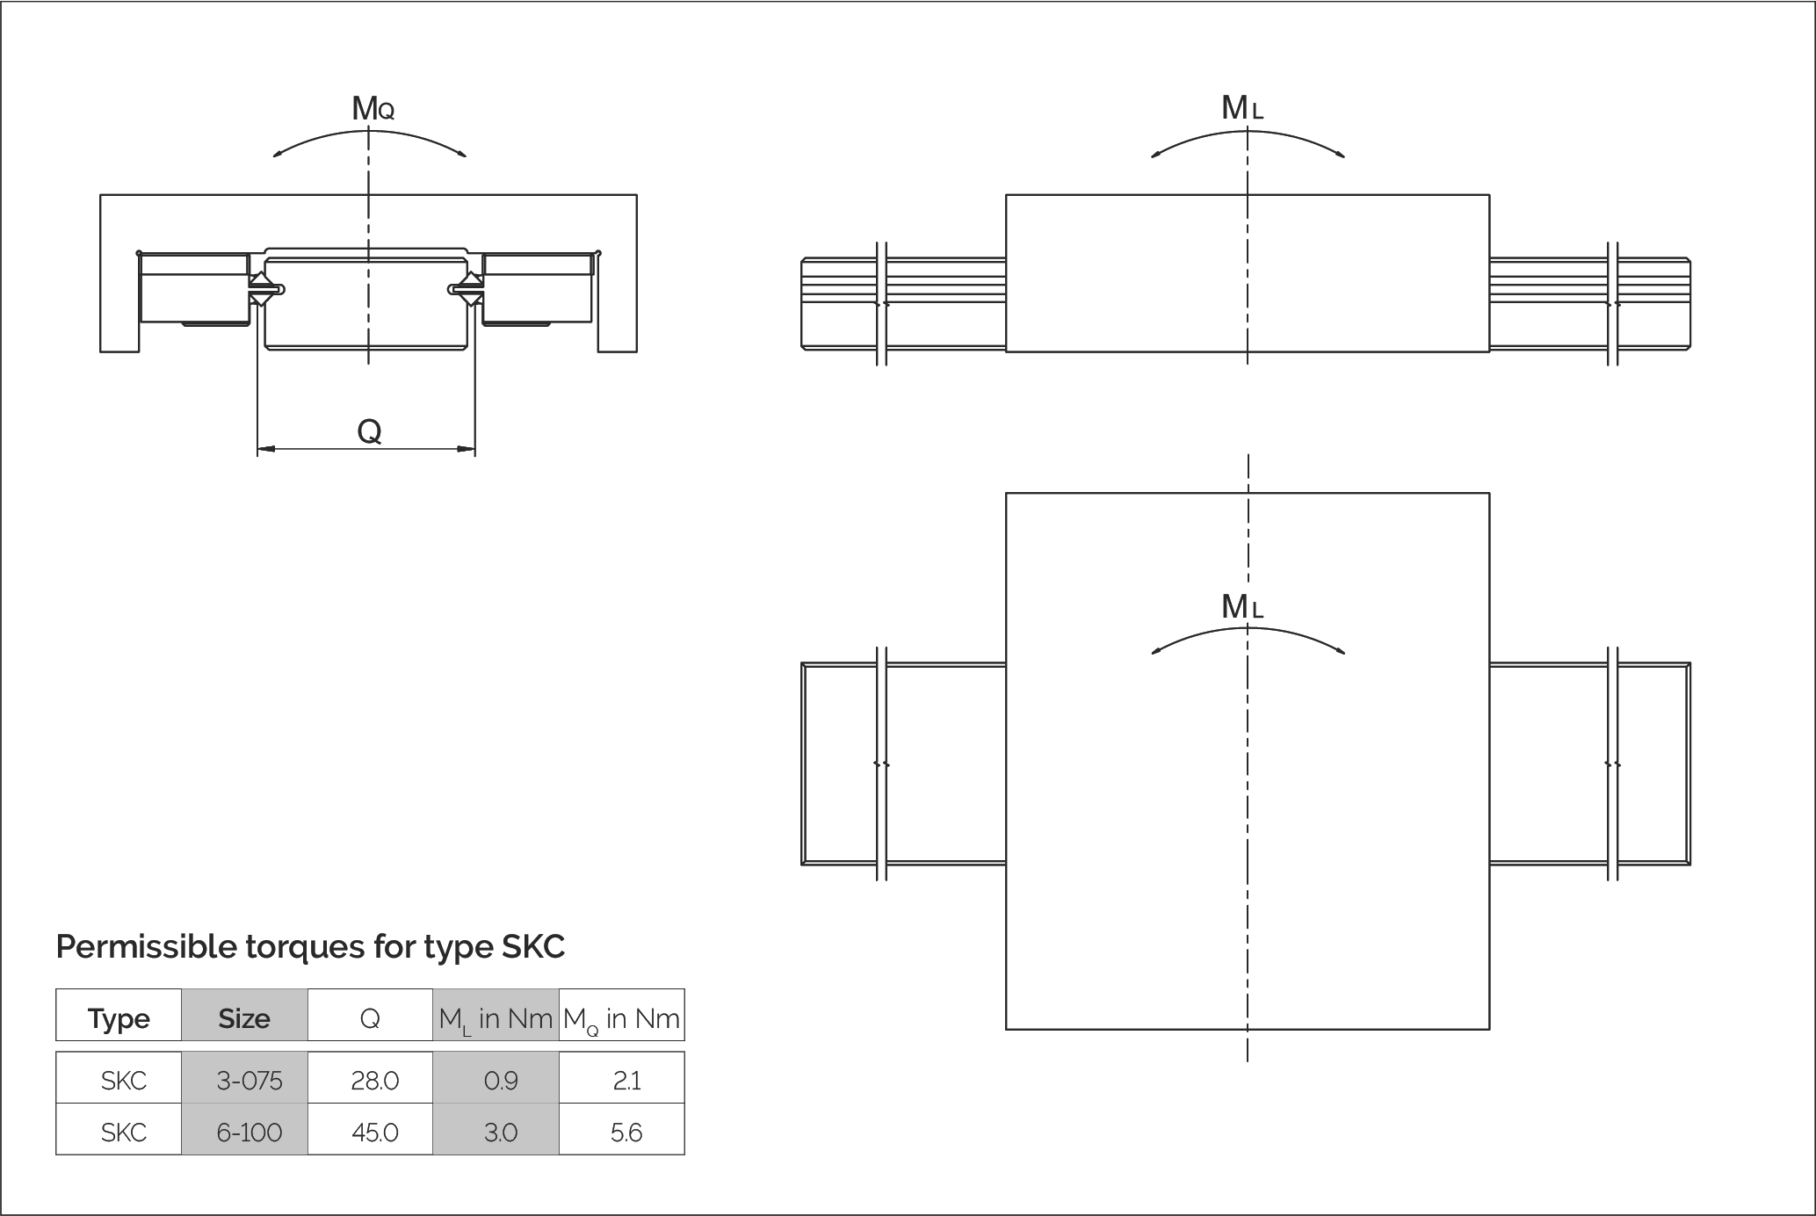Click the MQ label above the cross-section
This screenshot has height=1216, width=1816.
click(373, 109)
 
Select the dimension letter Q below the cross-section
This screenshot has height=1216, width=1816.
click(369, 431)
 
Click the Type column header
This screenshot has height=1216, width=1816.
click(119, 1018)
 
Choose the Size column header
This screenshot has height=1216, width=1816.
click(244, 1018)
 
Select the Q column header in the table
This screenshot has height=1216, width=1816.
click(370, 1018)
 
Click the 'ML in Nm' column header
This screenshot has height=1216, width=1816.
click(496, 1018)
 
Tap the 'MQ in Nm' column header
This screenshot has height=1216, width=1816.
click(621, 1018)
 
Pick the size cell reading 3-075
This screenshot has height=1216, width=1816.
click(250, 1080)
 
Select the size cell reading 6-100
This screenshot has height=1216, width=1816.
click(250, 1132)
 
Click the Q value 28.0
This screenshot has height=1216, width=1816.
click(375, 1080)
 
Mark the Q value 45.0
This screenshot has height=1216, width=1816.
click(375, 1132)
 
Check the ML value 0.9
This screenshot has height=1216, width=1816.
click(501, 1080)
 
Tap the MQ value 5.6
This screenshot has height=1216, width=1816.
click(626, 1132)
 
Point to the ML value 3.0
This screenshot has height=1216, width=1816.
click(501, 1132)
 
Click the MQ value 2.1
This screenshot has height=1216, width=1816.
click(626, 1080)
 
